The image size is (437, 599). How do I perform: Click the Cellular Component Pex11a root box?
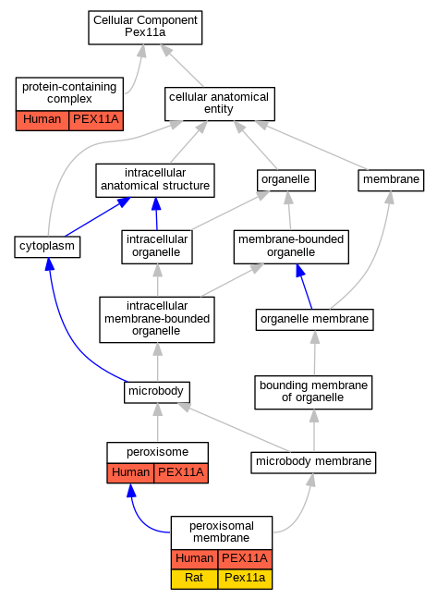[x=145, y=28]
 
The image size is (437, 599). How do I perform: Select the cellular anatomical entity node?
[x=220, y=104]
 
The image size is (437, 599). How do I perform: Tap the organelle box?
[x=286, y=180]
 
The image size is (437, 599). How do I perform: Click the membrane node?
[x=391, y=180]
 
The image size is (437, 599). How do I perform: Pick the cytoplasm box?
[x=47, y=247]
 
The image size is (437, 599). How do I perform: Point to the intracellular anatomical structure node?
[x=155, y=180]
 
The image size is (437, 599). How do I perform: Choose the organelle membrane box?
[x=314, y=320]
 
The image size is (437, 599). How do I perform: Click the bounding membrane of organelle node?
[x=313, y=392]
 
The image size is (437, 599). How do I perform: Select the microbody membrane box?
[x=313, y=462]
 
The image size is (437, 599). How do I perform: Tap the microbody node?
[x=157, y=392]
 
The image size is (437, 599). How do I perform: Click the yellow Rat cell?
[x=194, y=579]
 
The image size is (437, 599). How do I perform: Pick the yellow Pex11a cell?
[x=245, y=579]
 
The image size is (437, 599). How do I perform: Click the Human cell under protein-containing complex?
[x=42, y=120]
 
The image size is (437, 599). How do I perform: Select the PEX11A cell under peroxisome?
[x=181, y=473]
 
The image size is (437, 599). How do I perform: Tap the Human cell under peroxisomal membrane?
[x=194, y=559]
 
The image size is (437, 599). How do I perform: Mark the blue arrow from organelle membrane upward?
[x=304, y=287]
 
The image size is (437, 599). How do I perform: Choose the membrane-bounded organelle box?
[x=291, y=247]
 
